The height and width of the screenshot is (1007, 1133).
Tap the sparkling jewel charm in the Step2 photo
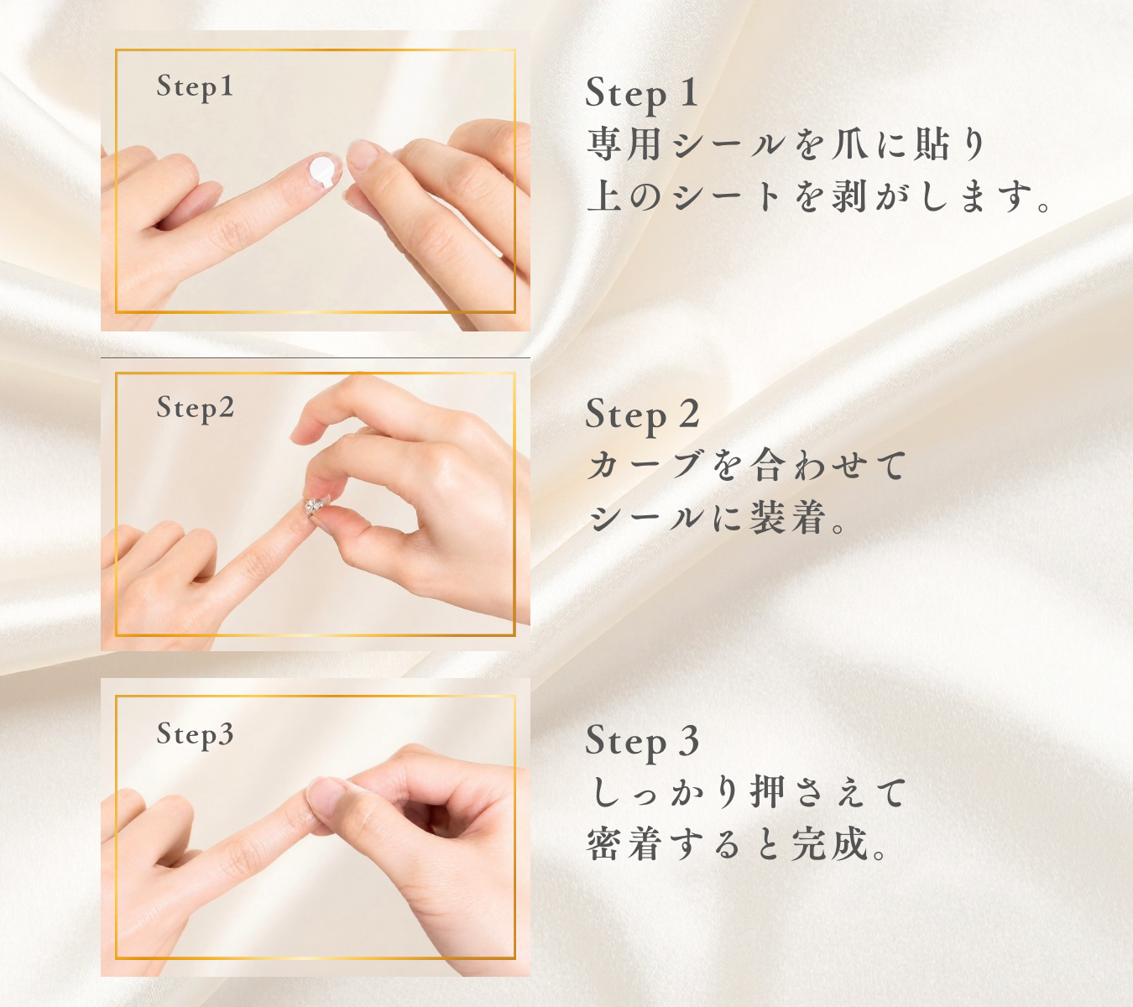[315, 505]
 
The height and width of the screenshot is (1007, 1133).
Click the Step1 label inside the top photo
[195, 87]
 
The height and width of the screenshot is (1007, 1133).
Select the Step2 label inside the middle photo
[195, 408]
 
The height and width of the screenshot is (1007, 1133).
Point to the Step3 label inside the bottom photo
[195, 734]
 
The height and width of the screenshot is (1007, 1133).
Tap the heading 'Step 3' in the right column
[643, 742]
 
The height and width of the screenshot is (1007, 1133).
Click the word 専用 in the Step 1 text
[624, 145]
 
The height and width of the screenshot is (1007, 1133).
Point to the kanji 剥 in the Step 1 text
[848, 196]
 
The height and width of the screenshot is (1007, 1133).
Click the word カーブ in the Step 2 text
[645, 466]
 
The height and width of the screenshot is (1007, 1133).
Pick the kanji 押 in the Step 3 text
[767, 792]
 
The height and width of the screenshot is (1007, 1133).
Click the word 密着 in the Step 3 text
[624, 843]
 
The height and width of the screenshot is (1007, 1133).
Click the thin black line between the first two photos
[316, 357]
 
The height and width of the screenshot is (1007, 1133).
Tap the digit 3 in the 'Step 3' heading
[690, 740]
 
